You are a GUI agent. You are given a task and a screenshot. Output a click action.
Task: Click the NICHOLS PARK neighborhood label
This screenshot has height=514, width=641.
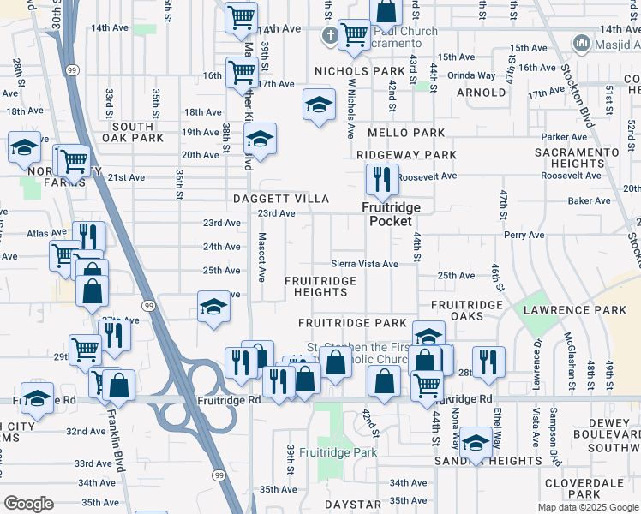[359, 71]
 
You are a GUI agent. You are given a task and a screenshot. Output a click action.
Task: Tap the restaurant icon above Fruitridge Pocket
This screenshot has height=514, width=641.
[378, 180]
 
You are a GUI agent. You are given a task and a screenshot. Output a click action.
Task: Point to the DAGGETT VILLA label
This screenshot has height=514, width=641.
[281, 199]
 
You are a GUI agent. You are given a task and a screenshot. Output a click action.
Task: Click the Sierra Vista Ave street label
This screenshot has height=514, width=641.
[365, 265]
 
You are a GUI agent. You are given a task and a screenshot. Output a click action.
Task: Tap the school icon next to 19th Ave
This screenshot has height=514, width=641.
[260, 139]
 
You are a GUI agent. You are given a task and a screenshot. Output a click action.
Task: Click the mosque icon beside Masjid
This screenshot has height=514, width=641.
[582, 43]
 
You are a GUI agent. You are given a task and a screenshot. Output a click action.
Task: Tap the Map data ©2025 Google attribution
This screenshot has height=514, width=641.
[587, 507]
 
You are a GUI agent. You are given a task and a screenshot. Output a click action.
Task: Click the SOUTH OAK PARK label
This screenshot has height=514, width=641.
[132, 132]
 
